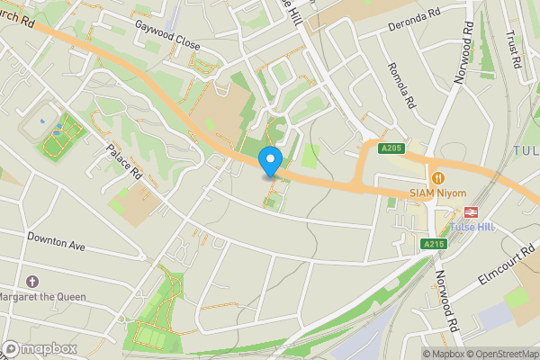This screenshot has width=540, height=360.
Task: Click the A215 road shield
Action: click(434, 244)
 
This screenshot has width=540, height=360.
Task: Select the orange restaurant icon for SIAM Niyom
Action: click(438, 178)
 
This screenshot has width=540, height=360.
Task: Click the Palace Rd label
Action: click(125, 162)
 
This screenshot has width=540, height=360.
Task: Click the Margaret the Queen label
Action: click(42, 297)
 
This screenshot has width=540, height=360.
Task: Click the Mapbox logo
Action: click(40, 348)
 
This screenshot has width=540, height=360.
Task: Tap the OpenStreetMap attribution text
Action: click(502, 354)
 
